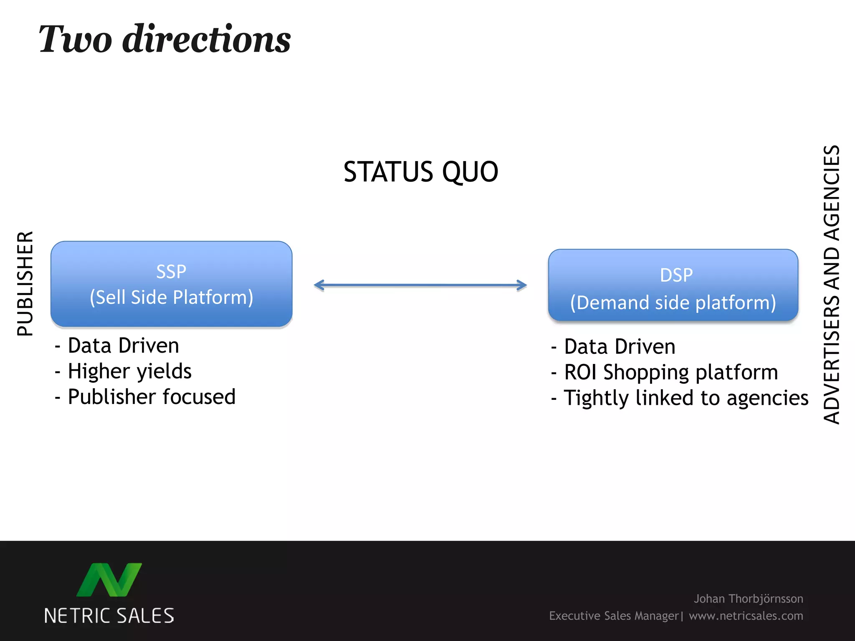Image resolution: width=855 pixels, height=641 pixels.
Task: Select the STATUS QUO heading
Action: pyautogui.click(x=421, y=172)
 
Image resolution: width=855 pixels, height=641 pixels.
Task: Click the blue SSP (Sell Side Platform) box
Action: pyautogui.click(x=171, y=284)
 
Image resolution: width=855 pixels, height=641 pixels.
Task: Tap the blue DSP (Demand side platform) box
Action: pyautogui.click(x=673, y=285)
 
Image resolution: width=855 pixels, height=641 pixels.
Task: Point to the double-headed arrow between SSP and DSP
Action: pyautogui.click(x=420, y=285)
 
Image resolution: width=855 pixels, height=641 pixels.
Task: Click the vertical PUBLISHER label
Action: pyautogui.click(x=25, y=284)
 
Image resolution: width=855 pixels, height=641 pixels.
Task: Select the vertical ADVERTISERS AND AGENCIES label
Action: pyautogui.click(x=831, y=285)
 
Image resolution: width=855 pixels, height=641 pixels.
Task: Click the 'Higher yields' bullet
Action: pyautogui.click(x=129, y=371)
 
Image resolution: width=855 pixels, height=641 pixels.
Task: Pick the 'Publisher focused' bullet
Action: pyautogui.click(x=152, y=397)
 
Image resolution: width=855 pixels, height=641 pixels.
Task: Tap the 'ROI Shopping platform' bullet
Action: pyautogui.click(x=671, y=372)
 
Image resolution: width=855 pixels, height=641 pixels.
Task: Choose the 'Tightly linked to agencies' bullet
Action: pyautogui.click(x=686, y=398)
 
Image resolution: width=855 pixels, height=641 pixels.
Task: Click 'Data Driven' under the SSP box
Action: pyautogui.click(x=123, y=346)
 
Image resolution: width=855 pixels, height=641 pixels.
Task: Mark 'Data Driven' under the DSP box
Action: pyautogui.click(x=620, y=347)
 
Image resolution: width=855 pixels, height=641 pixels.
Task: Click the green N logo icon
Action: pyautogui.click(x=109, y=580)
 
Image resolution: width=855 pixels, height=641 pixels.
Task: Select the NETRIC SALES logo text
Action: pyautogui.click(x=109, y=616)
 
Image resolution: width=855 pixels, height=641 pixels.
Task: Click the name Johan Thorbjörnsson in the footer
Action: pyautogui.click(x=748, y=599)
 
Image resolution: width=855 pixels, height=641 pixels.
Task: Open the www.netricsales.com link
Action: pyautogui.click(x=746, y=616)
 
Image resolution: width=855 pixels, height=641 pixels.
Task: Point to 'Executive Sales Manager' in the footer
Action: pyautogui.click(x=614, y=616)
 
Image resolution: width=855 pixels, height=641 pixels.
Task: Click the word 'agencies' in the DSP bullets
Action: pyautogui.click(x=767, y=399)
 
